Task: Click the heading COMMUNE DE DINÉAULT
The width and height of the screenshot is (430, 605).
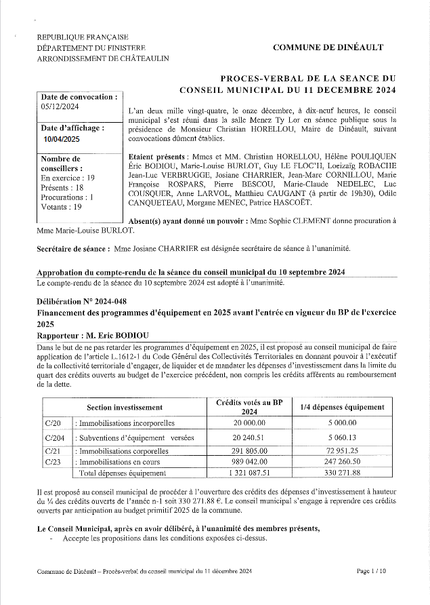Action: (328, 47)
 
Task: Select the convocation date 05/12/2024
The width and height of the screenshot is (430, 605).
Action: (60, 106)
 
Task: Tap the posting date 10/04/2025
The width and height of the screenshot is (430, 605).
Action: (62, 138)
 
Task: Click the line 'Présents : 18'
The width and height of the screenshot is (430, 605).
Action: (62, 187)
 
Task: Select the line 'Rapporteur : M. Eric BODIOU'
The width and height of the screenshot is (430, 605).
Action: (92, 335)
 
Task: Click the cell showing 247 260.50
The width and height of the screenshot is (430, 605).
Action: (342, 461)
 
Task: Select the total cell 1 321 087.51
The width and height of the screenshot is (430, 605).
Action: (249, 473)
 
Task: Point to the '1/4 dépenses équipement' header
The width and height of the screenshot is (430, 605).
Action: (342, 407)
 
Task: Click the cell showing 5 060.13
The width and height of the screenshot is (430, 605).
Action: (342, 437)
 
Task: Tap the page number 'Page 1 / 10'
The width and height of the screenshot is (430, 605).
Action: (371, 572)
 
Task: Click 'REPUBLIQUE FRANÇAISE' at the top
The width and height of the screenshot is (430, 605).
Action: (83, 37)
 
